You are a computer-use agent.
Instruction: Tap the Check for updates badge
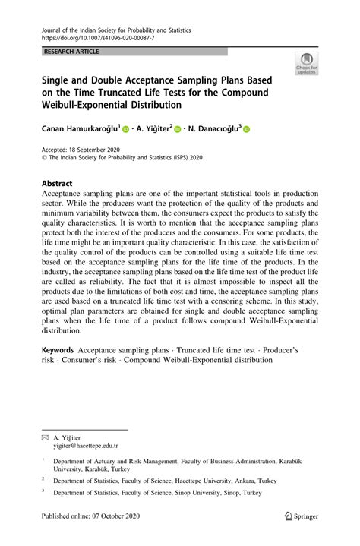click(x=308, y=65)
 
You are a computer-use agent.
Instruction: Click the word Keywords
click(x=58, y=349)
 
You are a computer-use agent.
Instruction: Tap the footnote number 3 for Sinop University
click(x=43, y=491)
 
